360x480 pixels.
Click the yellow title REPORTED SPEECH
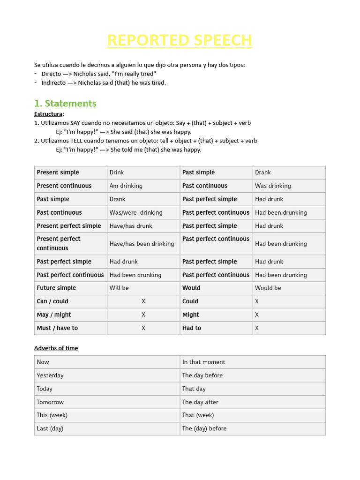[180, 40]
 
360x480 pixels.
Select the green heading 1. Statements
[65, 103]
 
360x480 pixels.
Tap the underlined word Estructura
[48, 114]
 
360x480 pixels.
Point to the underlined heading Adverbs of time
[56, 348]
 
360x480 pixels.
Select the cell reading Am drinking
[126, 186]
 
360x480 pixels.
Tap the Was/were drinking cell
[136, 212]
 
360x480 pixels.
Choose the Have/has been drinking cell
[142, 244]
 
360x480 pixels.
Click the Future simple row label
[56, 288]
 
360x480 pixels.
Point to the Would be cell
[268, 288]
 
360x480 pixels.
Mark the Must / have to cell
[57, 328]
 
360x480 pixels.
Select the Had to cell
[192, 328]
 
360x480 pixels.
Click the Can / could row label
[52, 301]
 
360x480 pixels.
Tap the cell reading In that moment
[204, 362]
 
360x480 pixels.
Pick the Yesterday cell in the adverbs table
[50, 375]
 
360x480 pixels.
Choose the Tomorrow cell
[50, 402]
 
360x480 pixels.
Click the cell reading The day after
[200, 402]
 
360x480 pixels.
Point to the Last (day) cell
[50, 428]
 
